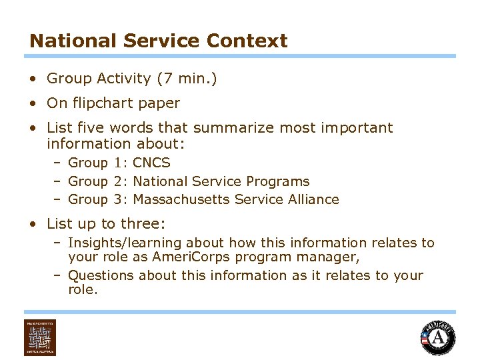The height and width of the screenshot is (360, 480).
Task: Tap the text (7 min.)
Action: (x=187, y=79)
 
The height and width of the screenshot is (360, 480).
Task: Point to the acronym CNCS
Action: (x=152, y=163)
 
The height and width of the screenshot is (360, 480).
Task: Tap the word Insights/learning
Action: (x=125, y=243)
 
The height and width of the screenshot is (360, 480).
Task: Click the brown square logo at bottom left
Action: (x=40, y=337)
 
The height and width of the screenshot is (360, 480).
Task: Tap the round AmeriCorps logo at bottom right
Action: (x=438, y=338)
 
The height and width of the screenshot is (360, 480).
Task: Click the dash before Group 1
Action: (x=58, y=163)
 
